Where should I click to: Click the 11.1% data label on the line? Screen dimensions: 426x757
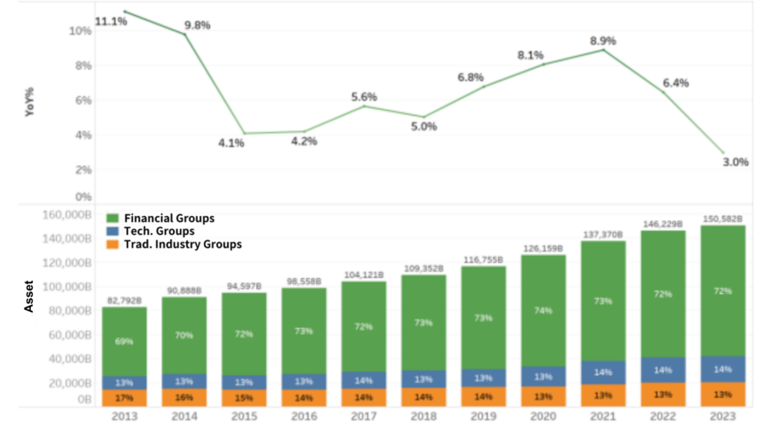click(111, 21)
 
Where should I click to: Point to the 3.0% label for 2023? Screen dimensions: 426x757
click(736, 162)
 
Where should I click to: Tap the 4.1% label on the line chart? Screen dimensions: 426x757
click(231, 143)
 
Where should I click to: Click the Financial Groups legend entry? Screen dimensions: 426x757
click(169, 218)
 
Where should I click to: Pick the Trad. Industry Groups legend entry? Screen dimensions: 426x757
click(182, 244)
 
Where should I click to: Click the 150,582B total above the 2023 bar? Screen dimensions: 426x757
click(723, 218)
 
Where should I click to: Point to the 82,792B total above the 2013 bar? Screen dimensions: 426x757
click(124, 300)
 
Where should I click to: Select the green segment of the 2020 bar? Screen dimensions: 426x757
click(543, 311)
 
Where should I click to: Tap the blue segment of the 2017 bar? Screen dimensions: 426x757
click(364, 380)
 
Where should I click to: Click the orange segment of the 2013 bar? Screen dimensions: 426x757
click(124, 398)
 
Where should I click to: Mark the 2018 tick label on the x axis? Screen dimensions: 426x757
click(424, 416)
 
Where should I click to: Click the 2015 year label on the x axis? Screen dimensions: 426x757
click(244, 416)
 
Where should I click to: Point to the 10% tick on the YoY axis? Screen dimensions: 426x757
click(80, 31)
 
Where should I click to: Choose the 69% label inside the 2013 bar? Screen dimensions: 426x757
click(124, 342)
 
